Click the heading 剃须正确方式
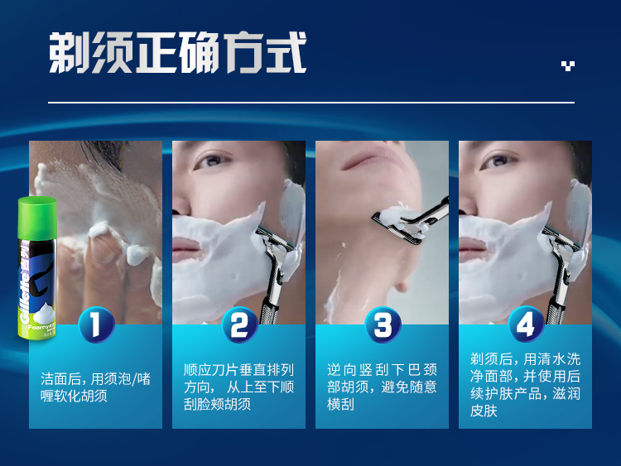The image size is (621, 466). coord(177,53)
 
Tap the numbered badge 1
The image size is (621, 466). coord(97,324)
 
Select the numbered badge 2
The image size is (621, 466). coord(239,324)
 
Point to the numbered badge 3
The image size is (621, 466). coord(383,324)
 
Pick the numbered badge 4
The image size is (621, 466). coord(526,324)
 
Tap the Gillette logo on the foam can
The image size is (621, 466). coord(26,281)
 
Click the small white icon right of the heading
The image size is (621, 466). coord(568,65)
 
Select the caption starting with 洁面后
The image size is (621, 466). coord(95,387)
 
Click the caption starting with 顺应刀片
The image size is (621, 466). coord(238,387)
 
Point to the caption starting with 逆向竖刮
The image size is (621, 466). coord(383,387)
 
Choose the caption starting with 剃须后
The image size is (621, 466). coord(525,385)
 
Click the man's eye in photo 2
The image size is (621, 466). coord(213,161)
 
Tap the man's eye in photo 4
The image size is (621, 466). coord(499,161)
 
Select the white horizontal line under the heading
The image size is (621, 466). coord(311,103)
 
